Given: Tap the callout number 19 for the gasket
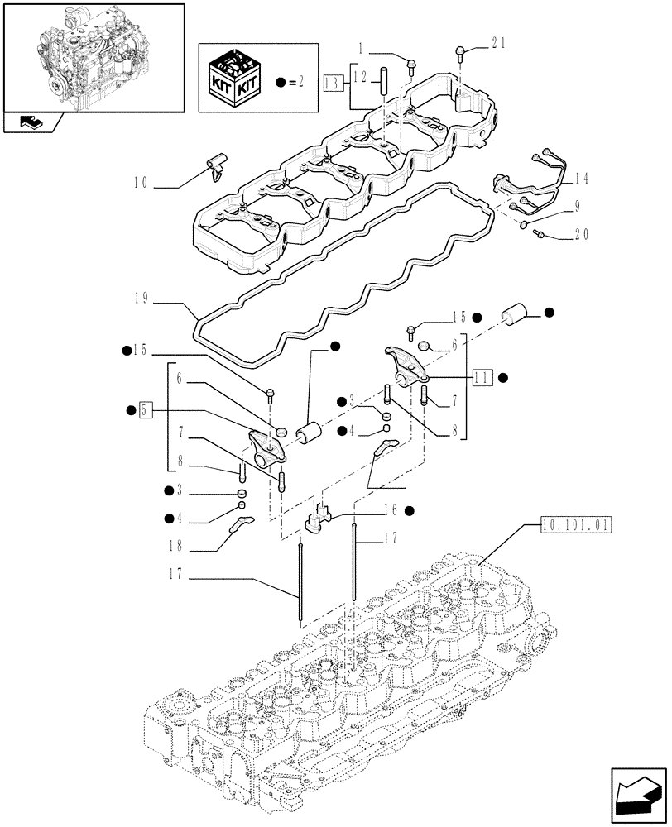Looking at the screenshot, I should pyautogui.click(x=140, y=299).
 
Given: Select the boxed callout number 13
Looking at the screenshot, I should pyautogui.click(x=332, y=82).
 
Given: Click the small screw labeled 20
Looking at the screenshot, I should pyautogui.click(x=539, y=235).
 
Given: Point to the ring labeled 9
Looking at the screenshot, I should pyautogui.click(x=524, y=223).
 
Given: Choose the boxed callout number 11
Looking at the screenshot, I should pyautogui.click(x=483, y=377).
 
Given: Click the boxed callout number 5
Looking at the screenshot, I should pyautogui.click(x=145, y=409).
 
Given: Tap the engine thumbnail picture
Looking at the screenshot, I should pyautogui.click(x=92, y=58).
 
